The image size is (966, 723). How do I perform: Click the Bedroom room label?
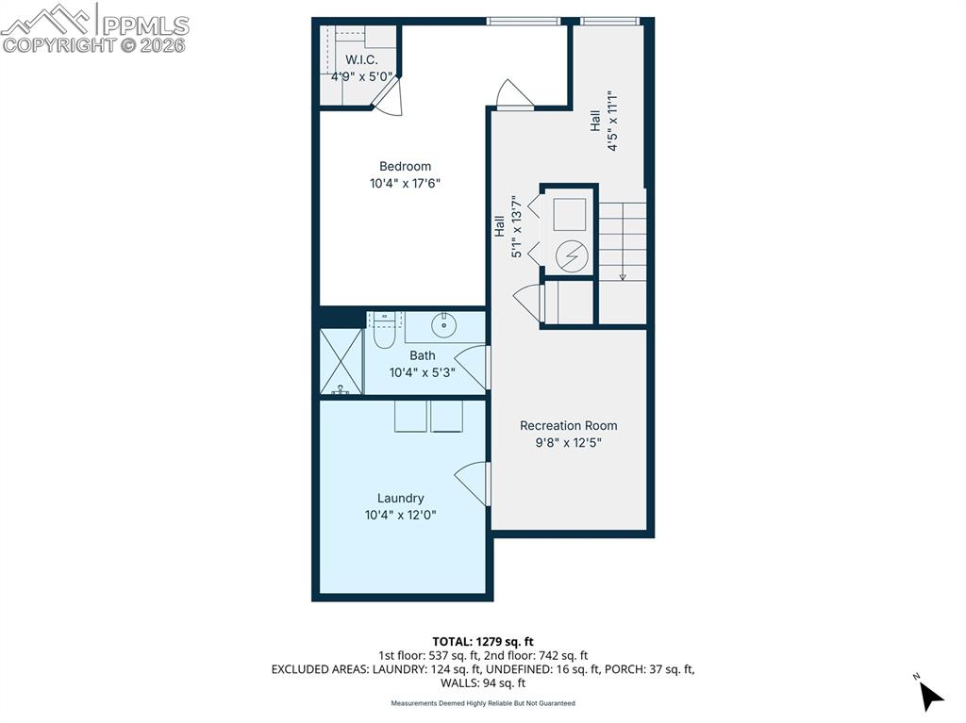(x=405, y=167)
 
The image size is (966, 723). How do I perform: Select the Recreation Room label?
(x=568, y=425)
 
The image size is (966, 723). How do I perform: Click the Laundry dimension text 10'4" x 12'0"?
(x=400, y=515)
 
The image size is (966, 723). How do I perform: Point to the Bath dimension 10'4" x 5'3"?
(x=423, y=372)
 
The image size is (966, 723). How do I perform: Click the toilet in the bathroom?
(x=383, y=331)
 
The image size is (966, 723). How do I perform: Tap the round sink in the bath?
(x=443, y=325)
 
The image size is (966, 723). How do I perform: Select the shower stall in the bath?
(x=341, y=362)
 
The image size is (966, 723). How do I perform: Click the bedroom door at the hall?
(x=515, y=94)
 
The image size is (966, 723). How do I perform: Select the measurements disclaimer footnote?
(x=483, y=703)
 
